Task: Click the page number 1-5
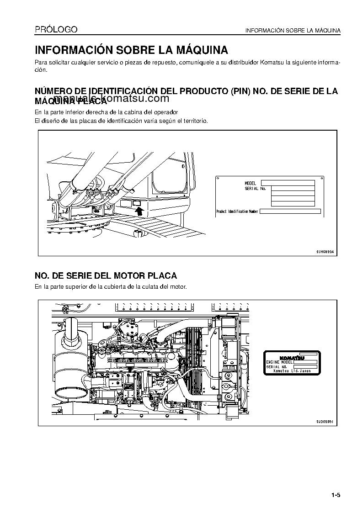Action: coord(336,495)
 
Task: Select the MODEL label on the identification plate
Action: coord(251,183)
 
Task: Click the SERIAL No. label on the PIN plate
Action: coord(255,188)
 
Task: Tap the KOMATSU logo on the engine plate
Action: coord(291,358)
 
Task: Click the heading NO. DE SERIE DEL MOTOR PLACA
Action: coord(106,276)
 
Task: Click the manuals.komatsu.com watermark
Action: coord(112,99)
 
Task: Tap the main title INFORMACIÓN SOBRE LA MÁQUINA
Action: coord(132,50)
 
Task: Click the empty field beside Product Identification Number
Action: coord(290,212)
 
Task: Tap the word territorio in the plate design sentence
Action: coord(195,121)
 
